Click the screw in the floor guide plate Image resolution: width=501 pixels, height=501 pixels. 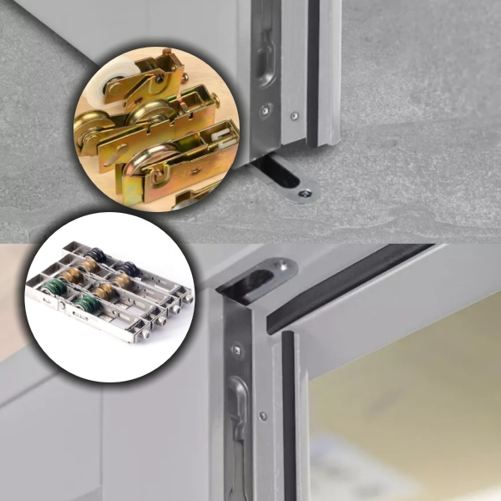304,193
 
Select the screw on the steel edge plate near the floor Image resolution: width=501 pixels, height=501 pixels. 266,109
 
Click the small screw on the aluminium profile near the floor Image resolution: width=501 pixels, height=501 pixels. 293,116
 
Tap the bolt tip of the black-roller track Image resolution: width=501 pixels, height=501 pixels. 188,294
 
